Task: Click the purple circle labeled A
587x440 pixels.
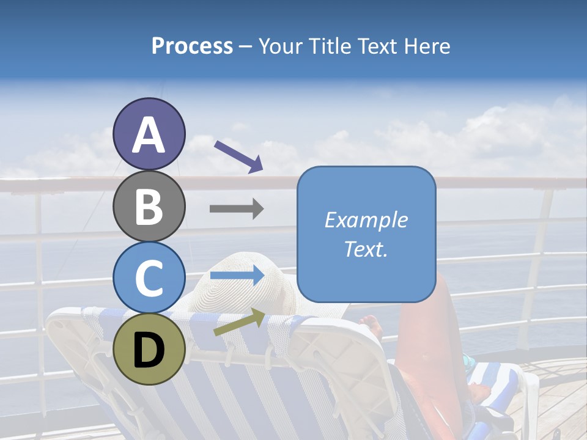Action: (149, 134)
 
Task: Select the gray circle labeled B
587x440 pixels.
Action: (149, 206)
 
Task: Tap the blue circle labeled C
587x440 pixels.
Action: (149, 277)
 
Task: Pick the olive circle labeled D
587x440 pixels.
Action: (149, 349)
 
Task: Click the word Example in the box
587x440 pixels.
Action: (366, 220)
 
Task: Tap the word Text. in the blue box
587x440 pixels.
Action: (366, 249)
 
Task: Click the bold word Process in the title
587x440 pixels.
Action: (192, 46)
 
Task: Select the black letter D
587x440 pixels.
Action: (149, 350)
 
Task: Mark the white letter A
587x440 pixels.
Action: (149, 134)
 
